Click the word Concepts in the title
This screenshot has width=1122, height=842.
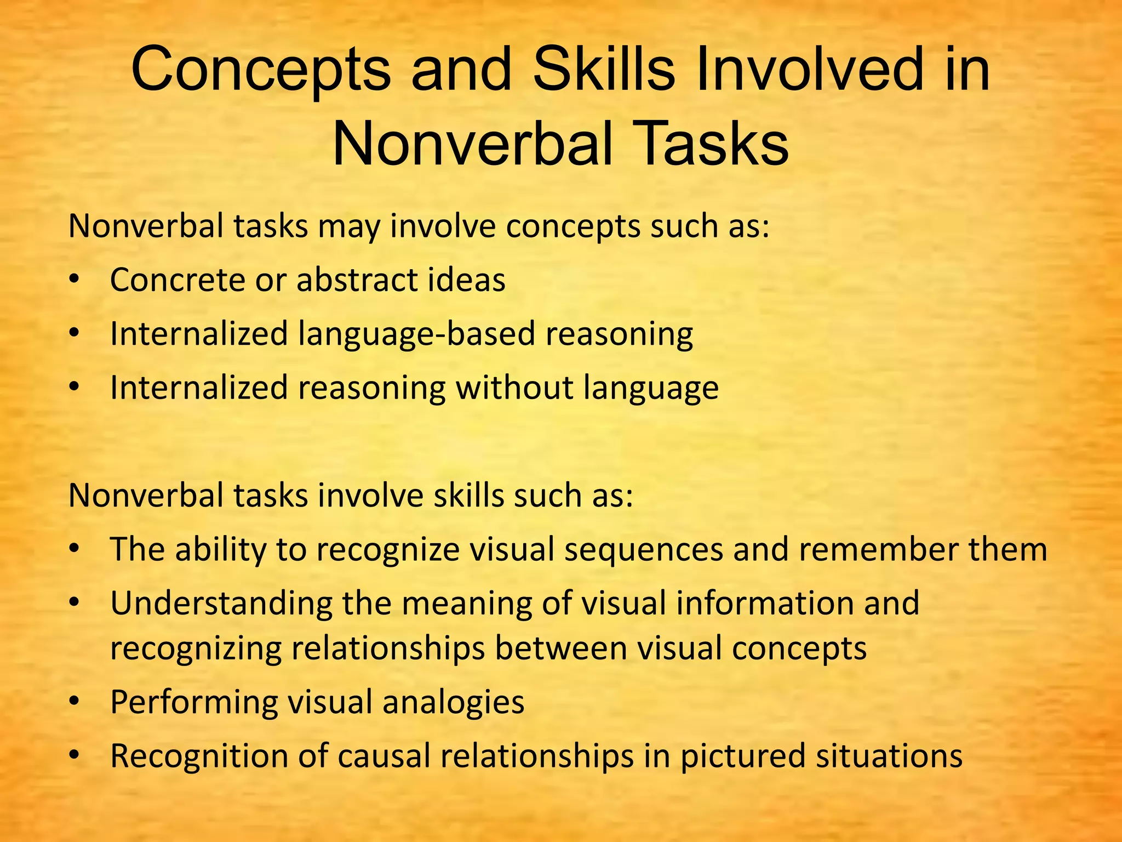click(x=261, y=70)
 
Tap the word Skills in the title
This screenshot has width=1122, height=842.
click(x=603, y=70)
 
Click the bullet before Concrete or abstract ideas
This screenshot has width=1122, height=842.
click(x=75, y=280)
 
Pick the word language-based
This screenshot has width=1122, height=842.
click(x=416, y=334)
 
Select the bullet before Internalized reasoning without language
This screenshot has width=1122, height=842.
click(x=75, y=388)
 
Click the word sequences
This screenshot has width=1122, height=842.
click(x=643, y=549)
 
